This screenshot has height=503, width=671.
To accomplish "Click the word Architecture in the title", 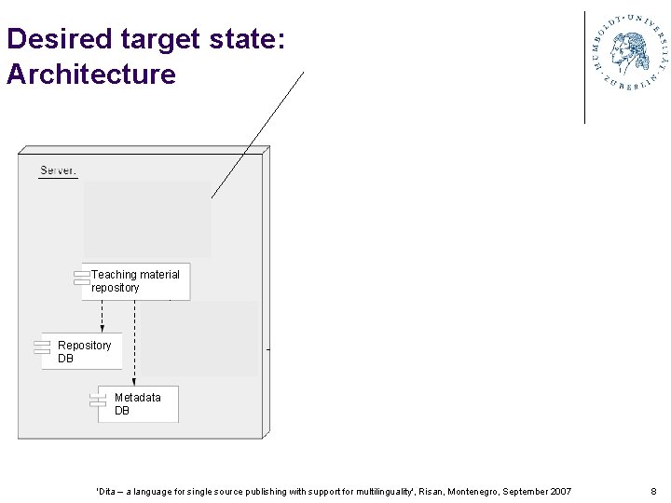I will pos(90,74).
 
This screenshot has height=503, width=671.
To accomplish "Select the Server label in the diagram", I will pos(58,171).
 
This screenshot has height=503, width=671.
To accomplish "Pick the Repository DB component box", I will pos(83,351).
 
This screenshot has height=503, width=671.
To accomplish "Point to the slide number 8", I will pos(653,491).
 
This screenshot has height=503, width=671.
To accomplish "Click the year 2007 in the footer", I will pos(561,491).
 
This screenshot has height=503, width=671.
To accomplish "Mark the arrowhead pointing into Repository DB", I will pos(103,328).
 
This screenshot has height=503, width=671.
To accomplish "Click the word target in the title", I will pos(160,39).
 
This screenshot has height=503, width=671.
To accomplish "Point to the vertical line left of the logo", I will pos(585,67).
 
